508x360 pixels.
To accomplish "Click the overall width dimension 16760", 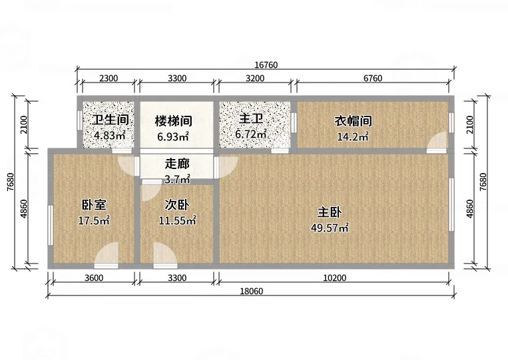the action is point(266,65).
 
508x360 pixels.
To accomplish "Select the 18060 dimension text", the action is point(252,291).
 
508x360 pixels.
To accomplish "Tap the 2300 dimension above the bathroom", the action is point(109,79).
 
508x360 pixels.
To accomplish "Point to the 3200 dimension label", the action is point(255,79).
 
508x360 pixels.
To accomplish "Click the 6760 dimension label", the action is point(373,79).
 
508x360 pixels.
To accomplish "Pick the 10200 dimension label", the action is point(335,277).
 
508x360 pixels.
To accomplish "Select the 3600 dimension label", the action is point(94,277).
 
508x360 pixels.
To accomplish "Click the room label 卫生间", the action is point(110,120).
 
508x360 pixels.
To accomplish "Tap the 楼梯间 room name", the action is point(174,121).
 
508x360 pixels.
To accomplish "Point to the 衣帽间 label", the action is point(353,121).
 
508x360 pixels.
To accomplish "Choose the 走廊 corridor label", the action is point(177,164).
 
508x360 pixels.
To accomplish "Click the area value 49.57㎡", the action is point(330,228).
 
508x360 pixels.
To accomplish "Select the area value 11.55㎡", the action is point(177,220).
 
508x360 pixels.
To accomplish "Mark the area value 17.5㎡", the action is point(94,220).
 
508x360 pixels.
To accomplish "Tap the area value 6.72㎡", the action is point(251,134).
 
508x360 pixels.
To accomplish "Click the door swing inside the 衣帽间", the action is point(436,143).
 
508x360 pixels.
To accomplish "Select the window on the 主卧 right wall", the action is point(451,204).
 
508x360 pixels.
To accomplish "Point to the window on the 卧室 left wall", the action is point(50,225).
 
